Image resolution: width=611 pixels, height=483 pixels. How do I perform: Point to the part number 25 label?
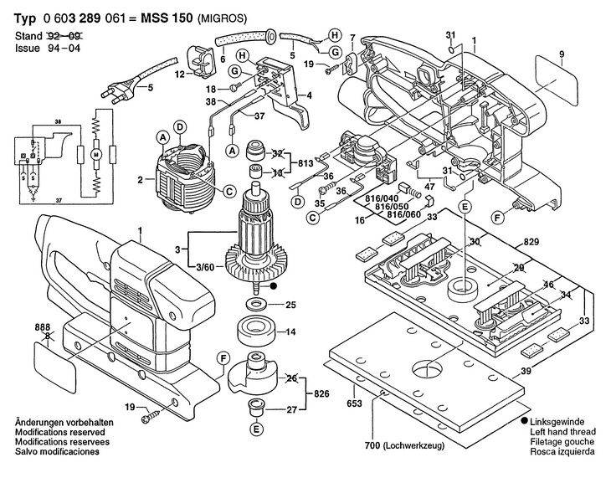point(291,303)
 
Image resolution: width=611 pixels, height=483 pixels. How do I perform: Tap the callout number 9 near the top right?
point(562,55)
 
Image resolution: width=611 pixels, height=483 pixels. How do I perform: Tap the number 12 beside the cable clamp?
point(178,75)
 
